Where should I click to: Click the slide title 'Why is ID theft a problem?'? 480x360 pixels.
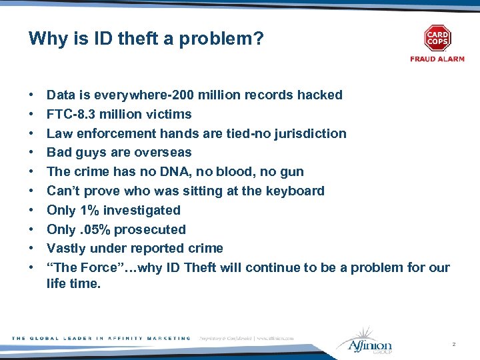pos(146,39)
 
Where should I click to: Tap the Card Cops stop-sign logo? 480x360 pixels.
pos(437,38)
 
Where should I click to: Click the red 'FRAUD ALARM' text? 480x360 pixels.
pos(437,59)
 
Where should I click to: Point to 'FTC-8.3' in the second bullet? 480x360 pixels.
pos(71,114)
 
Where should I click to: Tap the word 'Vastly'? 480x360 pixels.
pos(67,249)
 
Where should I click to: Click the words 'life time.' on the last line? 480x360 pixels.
pos(73,283)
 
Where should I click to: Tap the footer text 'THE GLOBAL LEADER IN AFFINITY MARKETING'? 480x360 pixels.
pos(101,339)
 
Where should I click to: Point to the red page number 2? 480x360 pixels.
pos(453,344)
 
